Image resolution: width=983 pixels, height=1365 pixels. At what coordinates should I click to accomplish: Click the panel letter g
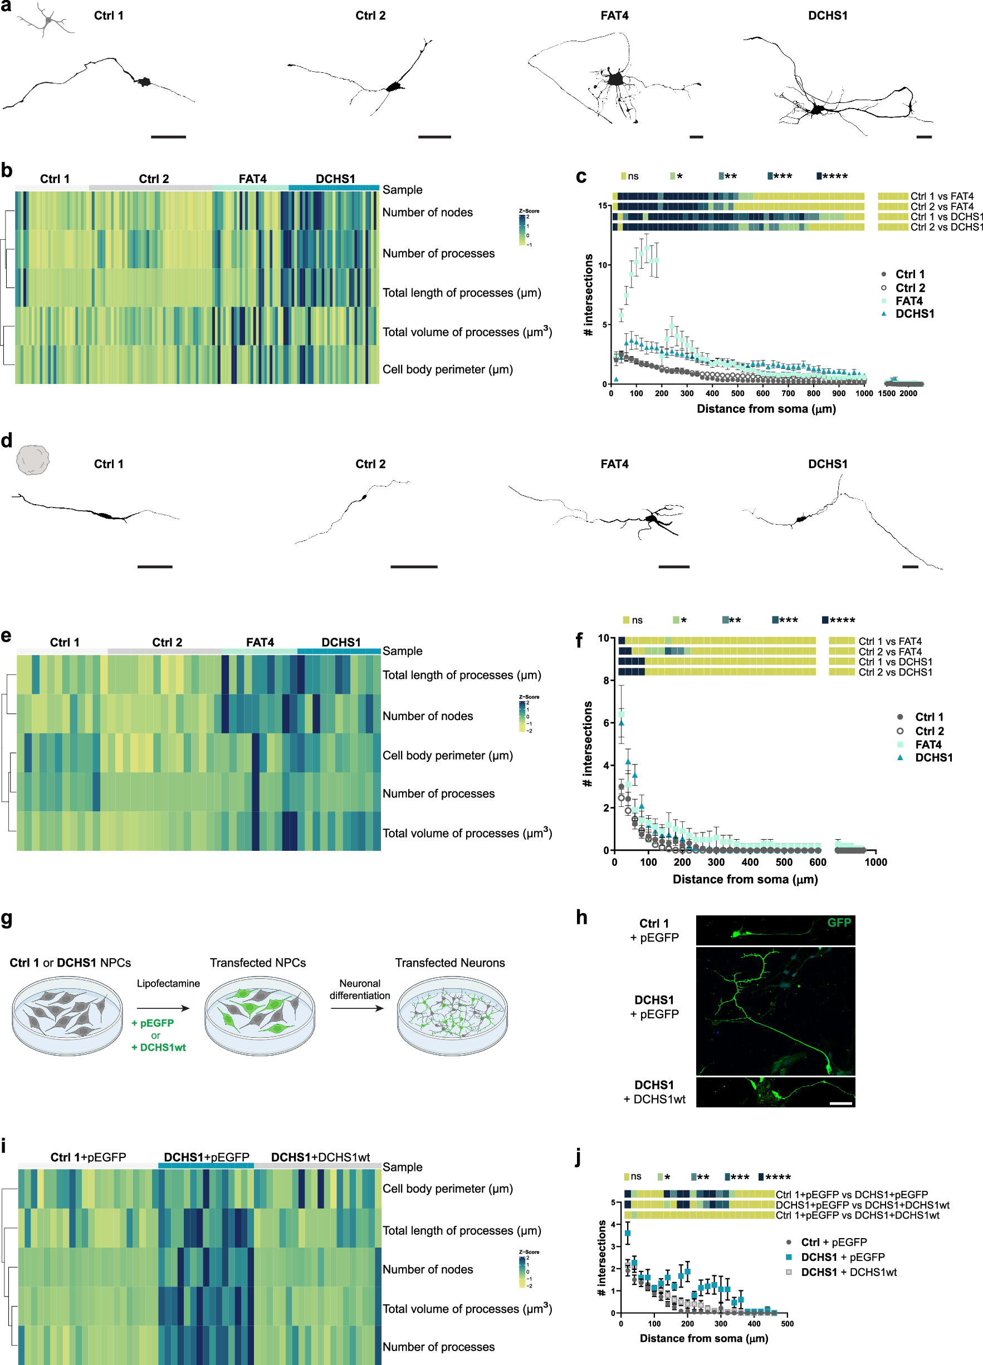(7, 919)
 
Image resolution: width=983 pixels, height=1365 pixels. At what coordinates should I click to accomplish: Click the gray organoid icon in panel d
(32, 460)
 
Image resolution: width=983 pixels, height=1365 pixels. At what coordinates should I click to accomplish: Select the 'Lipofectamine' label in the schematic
(168, 983)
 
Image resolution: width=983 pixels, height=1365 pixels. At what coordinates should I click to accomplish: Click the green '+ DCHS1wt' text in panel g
(158, 1047)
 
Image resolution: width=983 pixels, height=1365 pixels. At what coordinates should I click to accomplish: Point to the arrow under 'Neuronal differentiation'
(356, 1008)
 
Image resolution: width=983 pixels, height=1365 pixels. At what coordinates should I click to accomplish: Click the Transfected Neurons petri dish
(452, 1016)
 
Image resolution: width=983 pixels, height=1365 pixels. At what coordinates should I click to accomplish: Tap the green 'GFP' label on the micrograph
(838, 922)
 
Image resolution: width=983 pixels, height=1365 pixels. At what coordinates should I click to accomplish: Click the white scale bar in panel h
(840, 1103)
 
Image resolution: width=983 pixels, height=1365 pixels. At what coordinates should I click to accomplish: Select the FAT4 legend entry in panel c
(908, 301)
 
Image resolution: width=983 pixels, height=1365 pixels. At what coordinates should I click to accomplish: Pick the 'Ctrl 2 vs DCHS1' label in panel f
(895, 672)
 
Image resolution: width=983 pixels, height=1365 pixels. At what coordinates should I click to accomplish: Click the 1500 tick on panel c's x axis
(887, 393)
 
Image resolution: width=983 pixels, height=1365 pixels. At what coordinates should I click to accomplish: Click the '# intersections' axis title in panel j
(601, 1258)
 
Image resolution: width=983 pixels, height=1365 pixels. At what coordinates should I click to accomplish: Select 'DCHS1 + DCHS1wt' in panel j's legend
(848, 1272)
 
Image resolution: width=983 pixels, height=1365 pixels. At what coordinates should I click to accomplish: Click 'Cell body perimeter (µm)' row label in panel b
(448, 369)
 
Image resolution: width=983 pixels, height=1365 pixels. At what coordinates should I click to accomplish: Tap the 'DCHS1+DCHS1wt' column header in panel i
(320, 1157)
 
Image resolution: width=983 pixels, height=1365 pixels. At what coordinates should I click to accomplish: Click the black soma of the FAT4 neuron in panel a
(614, 79)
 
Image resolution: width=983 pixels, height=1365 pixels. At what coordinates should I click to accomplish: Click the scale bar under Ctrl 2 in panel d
(413, 566)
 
